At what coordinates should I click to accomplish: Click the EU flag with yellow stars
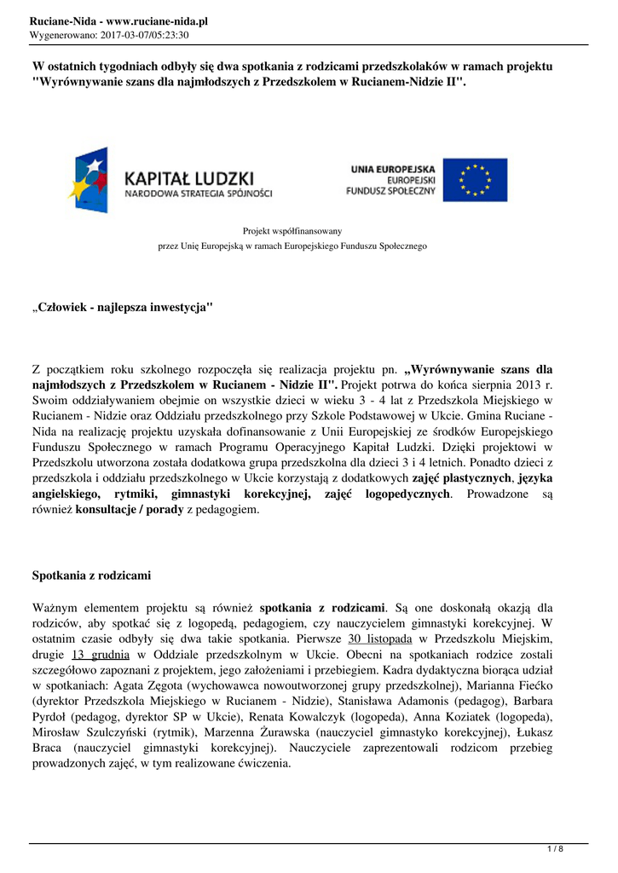point(481,180)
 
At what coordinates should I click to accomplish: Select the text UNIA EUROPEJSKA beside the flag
point(393,169)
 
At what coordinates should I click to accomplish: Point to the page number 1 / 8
point(555,848)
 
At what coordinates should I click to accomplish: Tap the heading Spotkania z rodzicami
point(91,575)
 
